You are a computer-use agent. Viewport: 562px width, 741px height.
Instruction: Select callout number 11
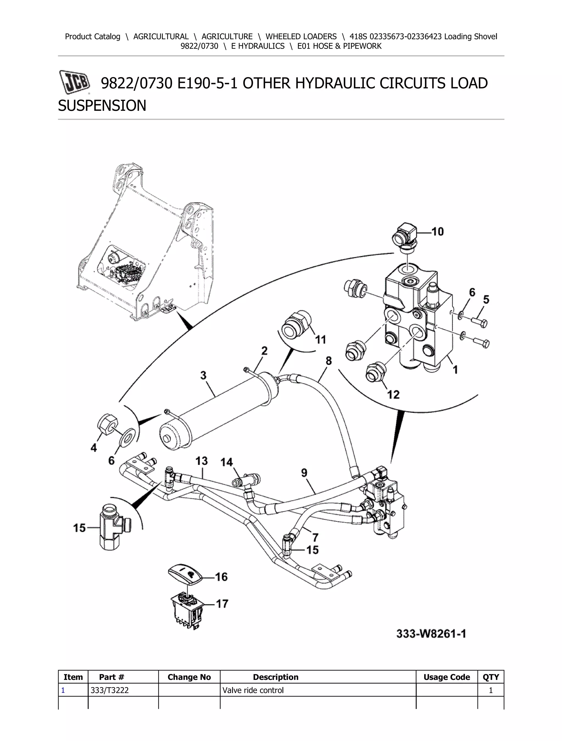click(x=321, y=339)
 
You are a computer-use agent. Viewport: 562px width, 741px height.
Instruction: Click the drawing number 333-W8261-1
click(x=431, y=634)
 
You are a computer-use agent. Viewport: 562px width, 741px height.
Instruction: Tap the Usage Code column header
click(x=446, y=677)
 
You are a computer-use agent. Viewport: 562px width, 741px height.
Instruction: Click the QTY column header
click(x=491, y=677)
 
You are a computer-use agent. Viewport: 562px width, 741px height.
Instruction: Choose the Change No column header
click(x=189, y=677)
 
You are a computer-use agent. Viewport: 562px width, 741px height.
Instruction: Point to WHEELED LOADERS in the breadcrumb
click(x=301, y=36)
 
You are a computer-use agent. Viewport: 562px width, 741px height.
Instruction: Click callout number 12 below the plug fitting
click(x=393, y=394)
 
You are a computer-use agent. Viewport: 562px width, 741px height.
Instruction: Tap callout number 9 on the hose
click(x=304, y=473)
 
